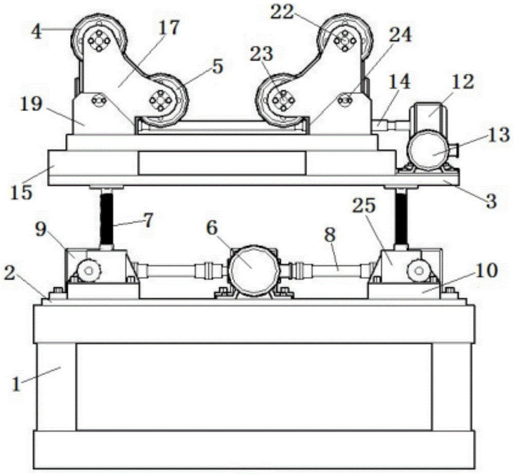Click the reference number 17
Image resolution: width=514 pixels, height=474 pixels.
(x=169, y=28)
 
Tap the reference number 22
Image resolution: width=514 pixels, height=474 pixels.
(x=282, y=12)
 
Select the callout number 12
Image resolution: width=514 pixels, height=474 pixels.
(x=463, y=82)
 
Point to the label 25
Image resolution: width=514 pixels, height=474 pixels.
(x=363, y=206)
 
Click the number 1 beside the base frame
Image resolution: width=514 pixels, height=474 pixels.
(x=16, y=384)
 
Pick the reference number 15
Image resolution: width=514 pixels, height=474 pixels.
(x=22, y=192)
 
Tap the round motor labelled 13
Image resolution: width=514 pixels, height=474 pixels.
(x=428, y=150)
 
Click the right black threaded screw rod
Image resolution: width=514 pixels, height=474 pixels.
(x=401, y=218)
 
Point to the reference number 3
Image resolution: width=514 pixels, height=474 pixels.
(x=490, y=201)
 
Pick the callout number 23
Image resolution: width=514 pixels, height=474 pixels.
(x=261, y=54)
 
